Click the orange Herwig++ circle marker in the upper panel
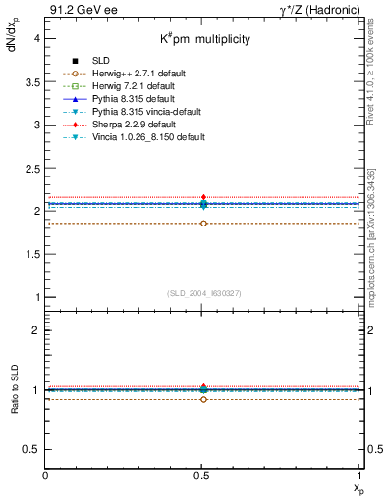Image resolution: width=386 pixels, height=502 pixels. tap(203, 224)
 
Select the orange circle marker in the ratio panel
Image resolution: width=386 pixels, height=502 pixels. tap(203, 399)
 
